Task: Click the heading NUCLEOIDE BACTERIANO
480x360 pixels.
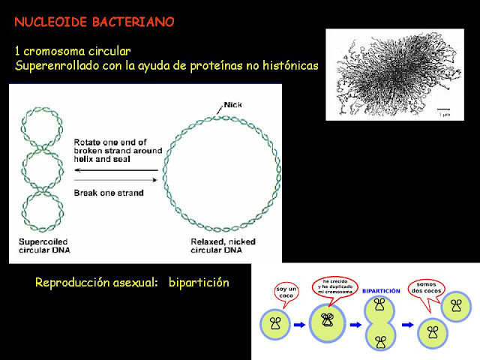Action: click(94, 22)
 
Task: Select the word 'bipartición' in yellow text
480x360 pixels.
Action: click(199, 283)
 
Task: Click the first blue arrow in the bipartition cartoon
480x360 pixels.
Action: click(298, 325)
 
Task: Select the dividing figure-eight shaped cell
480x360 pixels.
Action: click(381, 324)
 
